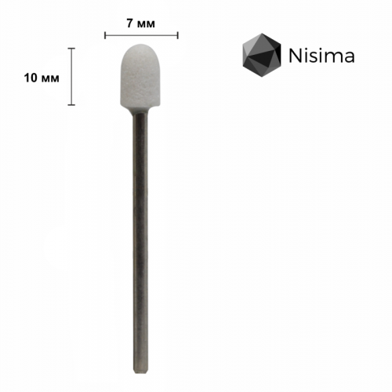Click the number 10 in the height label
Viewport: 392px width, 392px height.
click(x=31, y=77)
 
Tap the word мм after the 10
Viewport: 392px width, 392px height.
click(x=49, y=77)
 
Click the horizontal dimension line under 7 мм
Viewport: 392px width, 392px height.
click(x=141, y=34)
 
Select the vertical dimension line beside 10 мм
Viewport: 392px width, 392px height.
click(x=72, y=77)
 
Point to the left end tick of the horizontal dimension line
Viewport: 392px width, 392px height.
click(x=104, y=34)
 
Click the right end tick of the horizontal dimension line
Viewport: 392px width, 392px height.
click(x=179, y=34)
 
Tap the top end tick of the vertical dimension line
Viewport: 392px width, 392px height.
click(x=72, y=49)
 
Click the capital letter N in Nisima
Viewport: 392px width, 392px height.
click(x=293, y=56)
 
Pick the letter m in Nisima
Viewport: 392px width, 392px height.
click(x=331, y=57)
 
